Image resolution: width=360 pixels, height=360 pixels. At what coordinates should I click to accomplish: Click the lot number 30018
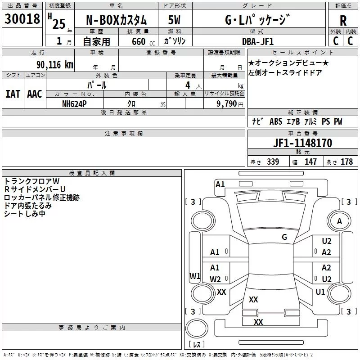click(x=22, y=19)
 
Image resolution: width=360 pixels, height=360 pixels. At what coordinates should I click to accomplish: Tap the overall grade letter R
click(x=343, y=21)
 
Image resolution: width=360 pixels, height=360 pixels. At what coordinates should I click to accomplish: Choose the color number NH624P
click(x=75, y=103)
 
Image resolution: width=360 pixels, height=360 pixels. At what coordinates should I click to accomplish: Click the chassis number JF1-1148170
click(x=303, y=143)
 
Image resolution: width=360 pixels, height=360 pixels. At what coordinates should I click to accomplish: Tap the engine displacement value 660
click(x=138, y=41)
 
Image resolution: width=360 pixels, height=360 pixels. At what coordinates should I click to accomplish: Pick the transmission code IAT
click(x=13, y=94)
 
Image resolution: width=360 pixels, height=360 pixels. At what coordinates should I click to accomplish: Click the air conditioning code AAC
click(x=34, y=94)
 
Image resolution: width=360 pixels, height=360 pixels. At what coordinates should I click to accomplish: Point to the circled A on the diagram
click(x=339, y=221)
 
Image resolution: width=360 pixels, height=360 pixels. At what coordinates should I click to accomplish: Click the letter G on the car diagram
click(x=284, y=237)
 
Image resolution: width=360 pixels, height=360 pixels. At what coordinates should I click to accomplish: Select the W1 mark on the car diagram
click(x=195, y=276)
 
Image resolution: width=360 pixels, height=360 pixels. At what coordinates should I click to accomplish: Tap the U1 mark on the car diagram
click(x=320, y=292)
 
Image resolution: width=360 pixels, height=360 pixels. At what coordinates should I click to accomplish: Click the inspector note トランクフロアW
click(x=29, y=181)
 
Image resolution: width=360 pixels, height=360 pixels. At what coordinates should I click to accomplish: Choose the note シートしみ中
click(x=25, y=214)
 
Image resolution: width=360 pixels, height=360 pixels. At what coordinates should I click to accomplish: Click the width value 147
click(x=310, y=162)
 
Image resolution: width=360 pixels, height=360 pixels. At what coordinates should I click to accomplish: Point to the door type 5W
click(x=175, y=21)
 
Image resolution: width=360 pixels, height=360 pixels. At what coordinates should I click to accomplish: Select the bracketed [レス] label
click(x=196, y=345)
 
